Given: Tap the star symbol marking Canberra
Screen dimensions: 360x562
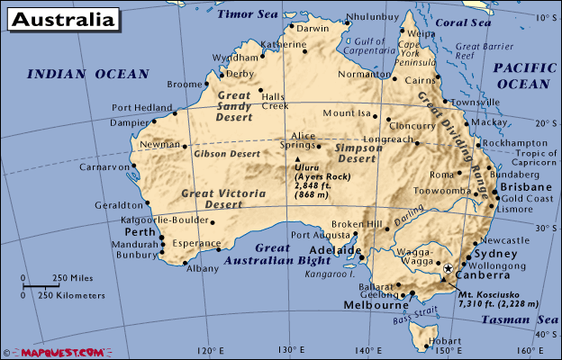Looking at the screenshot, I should [448, 268].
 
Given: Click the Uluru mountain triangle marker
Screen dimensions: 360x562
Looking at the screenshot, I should [297, 160].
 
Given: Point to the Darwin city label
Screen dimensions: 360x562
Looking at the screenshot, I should [313, 28].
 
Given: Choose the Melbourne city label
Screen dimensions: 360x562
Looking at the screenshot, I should [376, 305].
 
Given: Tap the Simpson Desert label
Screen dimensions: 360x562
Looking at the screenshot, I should [355, 153].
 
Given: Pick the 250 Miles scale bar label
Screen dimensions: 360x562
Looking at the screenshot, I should [71, 277].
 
